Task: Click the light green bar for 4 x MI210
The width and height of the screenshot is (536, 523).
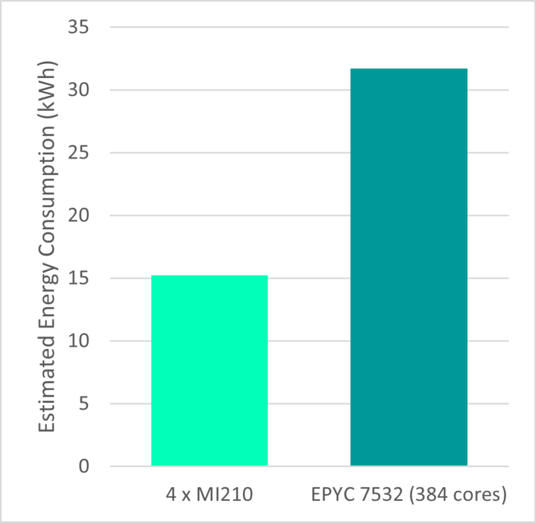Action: [210, 370]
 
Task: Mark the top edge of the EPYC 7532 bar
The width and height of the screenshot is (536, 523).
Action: [409, 69]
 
